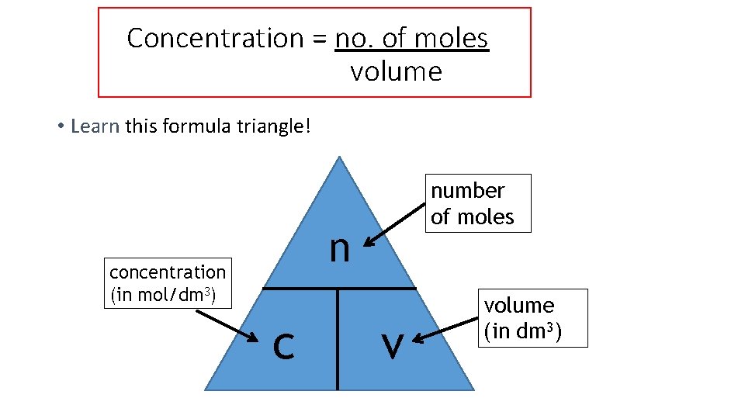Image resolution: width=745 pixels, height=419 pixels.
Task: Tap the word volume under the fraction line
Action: (396, 71)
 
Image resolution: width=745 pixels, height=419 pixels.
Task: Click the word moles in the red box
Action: (451, 37)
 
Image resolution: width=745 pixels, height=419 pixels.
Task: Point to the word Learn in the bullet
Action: (95, 126)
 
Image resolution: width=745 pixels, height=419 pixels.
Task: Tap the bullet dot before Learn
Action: (60, 126)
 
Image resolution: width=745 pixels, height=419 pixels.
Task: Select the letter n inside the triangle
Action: (339, 248)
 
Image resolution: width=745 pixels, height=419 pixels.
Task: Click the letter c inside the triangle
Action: (284, 345)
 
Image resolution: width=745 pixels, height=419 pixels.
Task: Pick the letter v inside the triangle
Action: (393, 345)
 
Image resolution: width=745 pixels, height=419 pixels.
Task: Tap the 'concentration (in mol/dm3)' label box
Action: (168, 283)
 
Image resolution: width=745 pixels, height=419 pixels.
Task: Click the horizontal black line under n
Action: (339, 289)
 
